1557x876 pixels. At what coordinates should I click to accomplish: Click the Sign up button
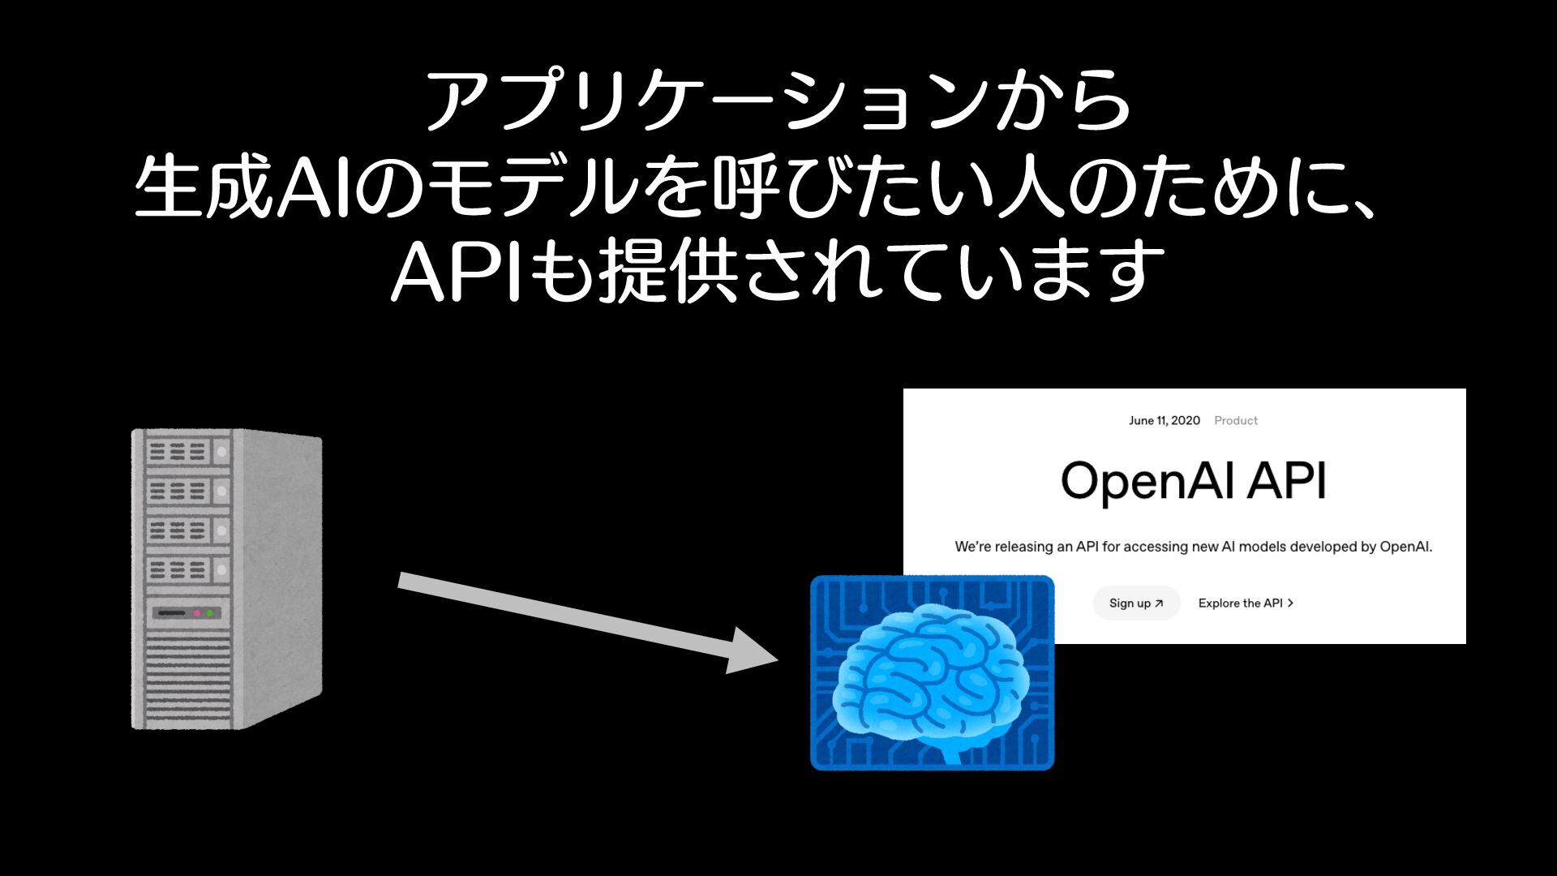(x=1135, y=603)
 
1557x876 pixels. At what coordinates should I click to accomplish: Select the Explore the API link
(x=1245, y=603)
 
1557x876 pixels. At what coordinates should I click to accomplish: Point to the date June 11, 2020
(x=1164, y=420)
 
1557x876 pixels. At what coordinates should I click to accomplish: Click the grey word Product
(x=1235, y=420)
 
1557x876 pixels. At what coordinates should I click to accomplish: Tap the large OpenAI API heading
(x=1193, y=481)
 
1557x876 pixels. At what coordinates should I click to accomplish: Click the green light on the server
(x=210, y=613)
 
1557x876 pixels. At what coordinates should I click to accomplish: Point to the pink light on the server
(x=196, y=613)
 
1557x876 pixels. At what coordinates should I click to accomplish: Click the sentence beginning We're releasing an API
(x=1193, y=547)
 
